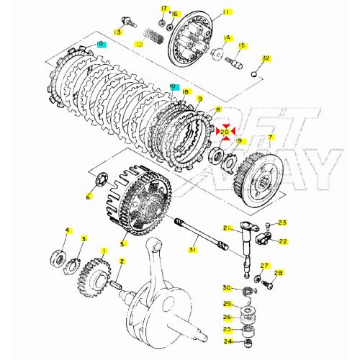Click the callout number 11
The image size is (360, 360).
pos(207,12)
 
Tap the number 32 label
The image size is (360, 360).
pos(266,58)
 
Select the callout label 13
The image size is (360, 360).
pos(117,32)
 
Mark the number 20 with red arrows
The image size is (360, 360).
pos(224,132)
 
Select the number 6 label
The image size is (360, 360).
pos(89,196)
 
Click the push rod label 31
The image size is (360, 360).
pos(192,250)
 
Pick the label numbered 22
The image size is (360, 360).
pos(282,240)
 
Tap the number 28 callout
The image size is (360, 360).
pos(279,273)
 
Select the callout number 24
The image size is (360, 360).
pos(227,341)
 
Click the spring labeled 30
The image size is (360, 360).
pos(246,289)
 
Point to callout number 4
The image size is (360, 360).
pos(68,230)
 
